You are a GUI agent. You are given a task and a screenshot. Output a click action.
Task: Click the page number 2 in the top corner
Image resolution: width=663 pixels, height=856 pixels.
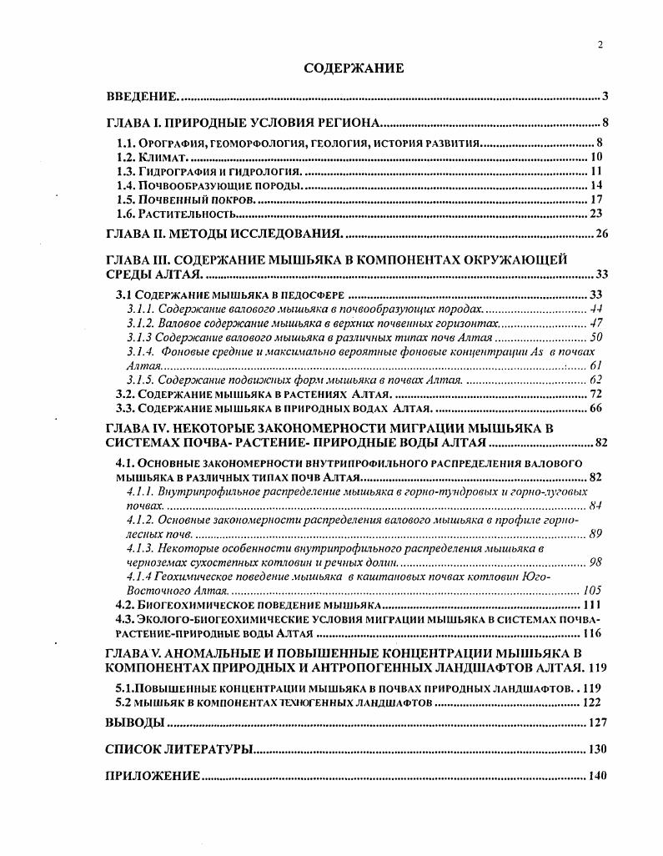600,45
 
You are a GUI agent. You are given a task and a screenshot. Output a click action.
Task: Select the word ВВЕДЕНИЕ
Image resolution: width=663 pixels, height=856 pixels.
141,96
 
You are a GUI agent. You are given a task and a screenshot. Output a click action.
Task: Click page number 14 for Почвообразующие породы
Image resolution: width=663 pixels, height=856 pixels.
596,185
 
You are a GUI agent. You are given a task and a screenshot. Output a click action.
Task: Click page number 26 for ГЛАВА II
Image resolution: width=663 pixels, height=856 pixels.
602,233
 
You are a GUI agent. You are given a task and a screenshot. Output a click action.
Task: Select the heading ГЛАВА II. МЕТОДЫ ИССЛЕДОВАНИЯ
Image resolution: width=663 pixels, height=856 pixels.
225,233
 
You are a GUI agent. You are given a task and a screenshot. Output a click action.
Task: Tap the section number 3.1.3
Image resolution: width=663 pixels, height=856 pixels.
139,337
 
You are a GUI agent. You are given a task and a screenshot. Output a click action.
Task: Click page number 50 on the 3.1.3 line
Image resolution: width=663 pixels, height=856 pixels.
596,337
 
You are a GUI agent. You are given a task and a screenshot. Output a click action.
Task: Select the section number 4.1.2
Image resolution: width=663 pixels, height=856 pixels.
141,520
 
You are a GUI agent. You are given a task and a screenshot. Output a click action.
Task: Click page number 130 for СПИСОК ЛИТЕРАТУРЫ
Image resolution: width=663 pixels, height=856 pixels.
598,749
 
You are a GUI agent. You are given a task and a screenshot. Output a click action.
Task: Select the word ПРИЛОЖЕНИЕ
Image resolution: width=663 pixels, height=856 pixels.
153,776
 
